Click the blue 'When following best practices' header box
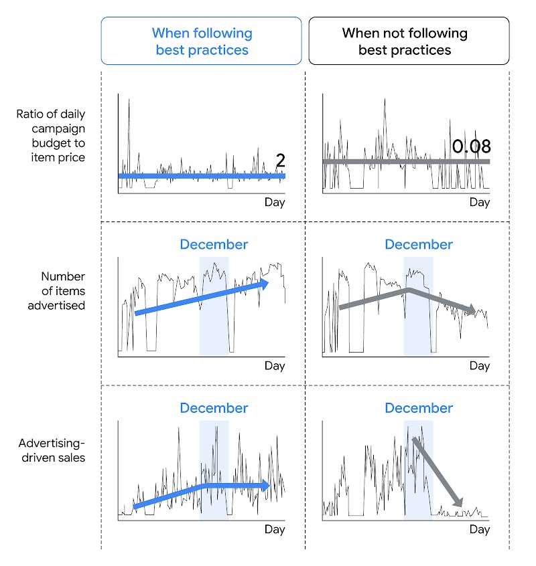(x=201, y=41)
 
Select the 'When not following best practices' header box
(x=408, y=41)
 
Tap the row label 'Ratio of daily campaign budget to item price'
(x=51, y=136)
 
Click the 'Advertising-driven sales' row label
(x=52, y=450)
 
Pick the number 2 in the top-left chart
(x=281, y=160)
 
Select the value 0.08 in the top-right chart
(x=471, y=147)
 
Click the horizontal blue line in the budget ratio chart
(x=201, y=176)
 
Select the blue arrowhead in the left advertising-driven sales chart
(x=267, y=485)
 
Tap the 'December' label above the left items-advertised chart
(x=214, y=245)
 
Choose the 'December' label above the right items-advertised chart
(x=419, y=245)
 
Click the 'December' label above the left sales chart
(x=214, y=408)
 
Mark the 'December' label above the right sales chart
(x=419, y=408)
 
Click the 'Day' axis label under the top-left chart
(x=275, y=202)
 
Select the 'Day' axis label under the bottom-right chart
(x=480, y=529)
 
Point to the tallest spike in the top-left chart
(x=129, y=100)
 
